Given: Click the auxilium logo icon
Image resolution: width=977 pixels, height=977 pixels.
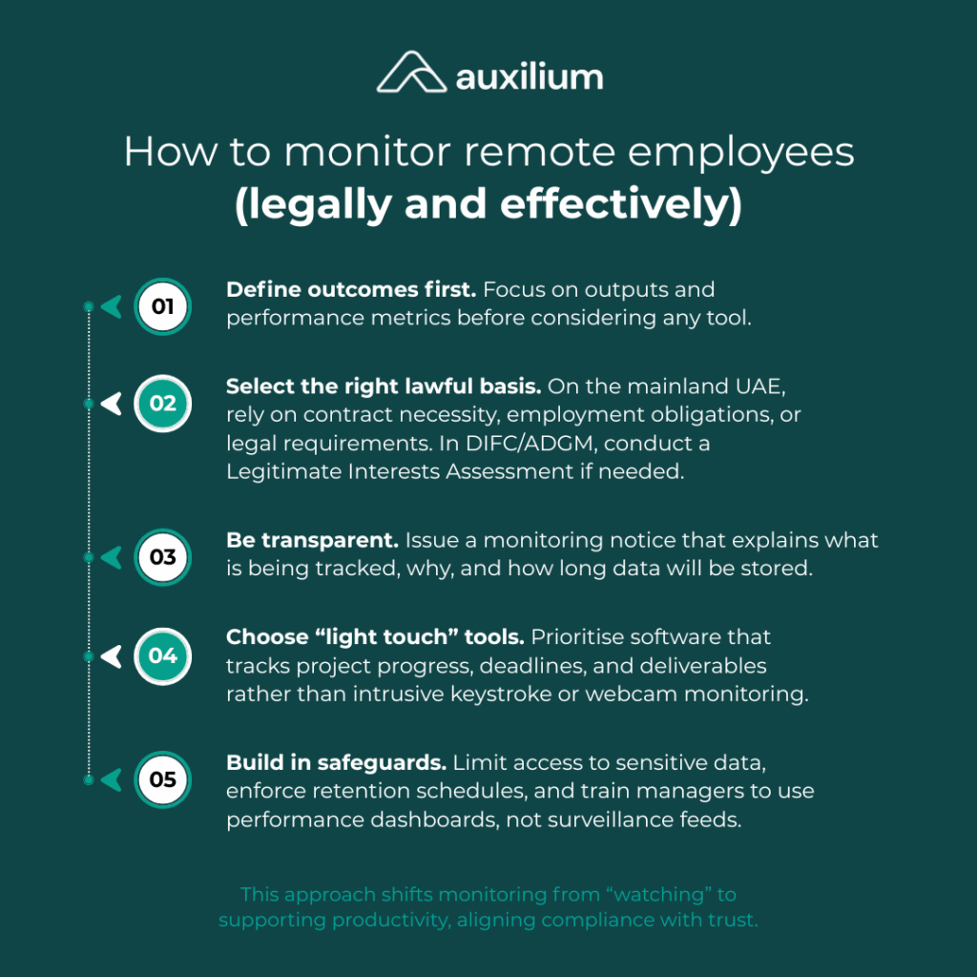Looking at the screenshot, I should pos(410,73).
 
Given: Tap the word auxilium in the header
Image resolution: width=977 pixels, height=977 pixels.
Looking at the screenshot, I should pos(529,75).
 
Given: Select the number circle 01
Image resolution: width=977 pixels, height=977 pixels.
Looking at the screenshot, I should pos(163,306).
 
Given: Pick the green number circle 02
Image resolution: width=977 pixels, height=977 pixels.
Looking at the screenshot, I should pos(163,404).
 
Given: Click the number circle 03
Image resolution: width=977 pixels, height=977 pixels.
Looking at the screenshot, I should pos(163,556).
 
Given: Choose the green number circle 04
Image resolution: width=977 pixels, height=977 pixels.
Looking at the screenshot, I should pos(163,655).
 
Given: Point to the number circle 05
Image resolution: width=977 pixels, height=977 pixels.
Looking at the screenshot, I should pos(163,780).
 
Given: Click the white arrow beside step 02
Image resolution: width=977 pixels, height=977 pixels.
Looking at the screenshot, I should pos(112,404).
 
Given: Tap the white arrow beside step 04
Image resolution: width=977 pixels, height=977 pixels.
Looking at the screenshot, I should pos(112,655).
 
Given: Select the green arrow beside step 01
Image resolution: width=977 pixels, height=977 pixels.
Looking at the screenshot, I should pos(112,306).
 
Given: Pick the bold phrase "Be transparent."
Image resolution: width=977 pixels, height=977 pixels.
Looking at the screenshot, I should pos(312,540).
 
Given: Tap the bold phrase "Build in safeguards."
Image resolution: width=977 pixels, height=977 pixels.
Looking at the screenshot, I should pos(336,763).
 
